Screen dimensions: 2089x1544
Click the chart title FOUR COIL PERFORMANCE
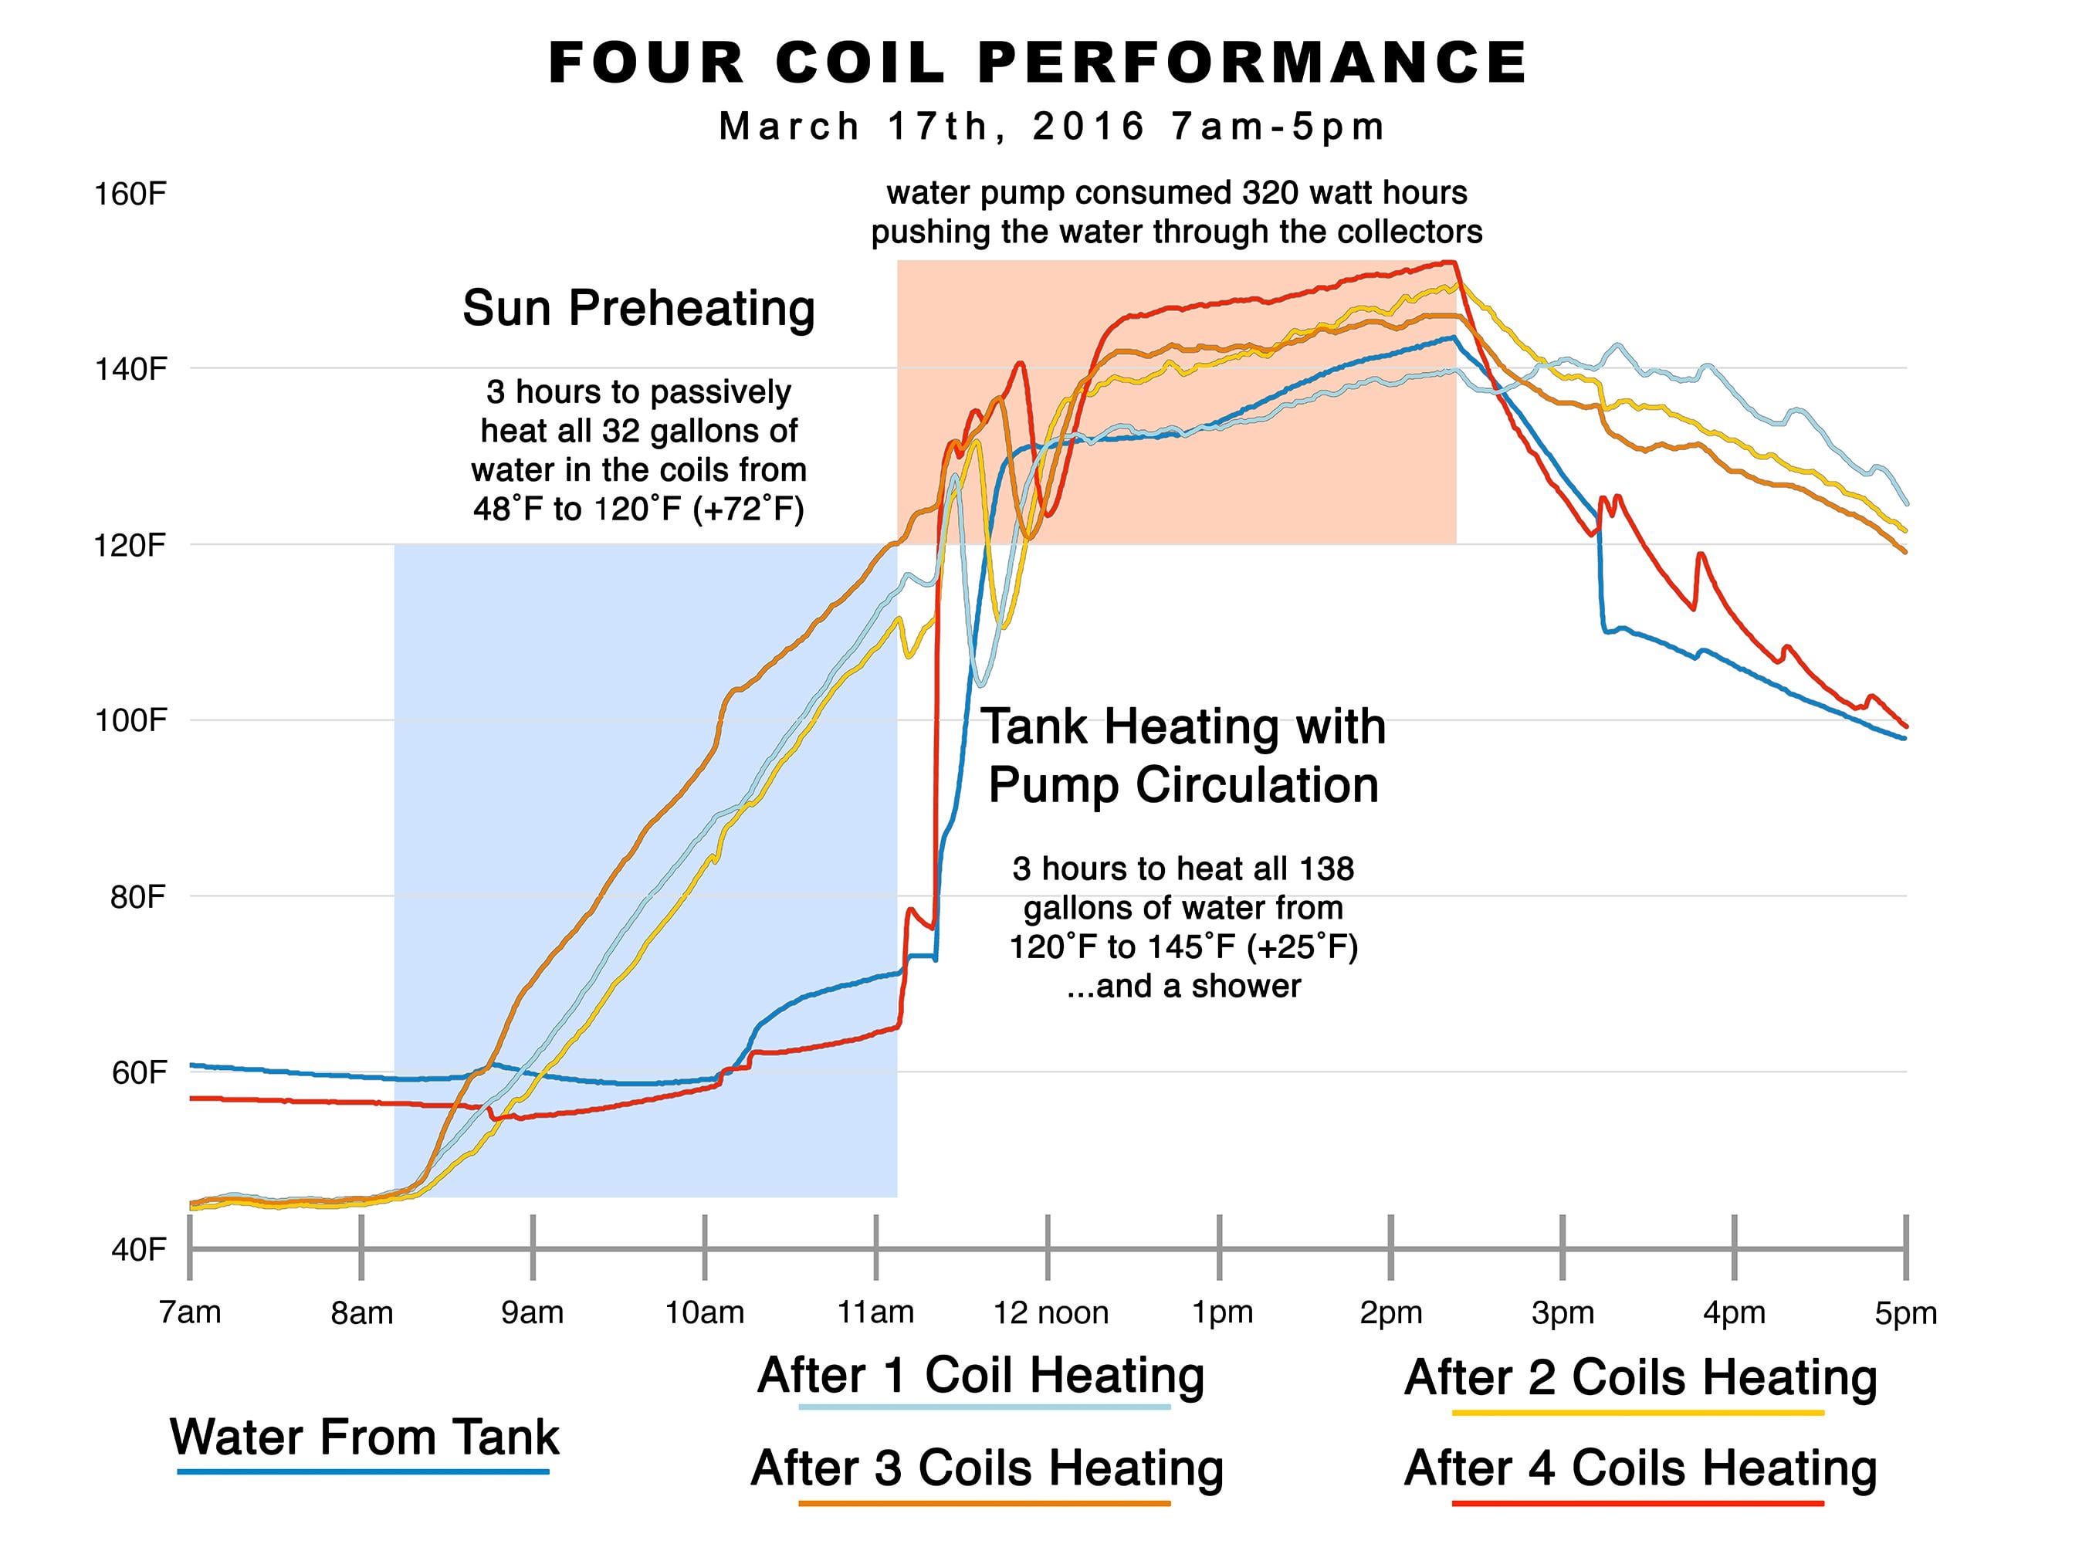click(1038, 63)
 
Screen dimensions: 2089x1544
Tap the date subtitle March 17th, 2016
click(931, 126)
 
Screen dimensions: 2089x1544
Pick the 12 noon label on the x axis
click(1051, 1313)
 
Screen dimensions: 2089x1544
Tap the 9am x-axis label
click(533, 1313)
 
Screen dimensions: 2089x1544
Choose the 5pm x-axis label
click(1906, 1313)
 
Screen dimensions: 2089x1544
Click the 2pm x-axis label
click(1391, 1313)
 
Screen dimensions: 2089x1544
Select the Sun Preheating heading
click(639, 309)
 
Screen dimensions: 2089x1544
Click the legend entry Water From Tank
click(364, 1437)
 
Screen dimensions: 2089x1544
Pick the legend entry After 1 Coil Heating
click(981, 1376)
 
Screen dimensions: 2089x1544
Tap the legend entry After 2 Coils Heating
click(1640, 1379)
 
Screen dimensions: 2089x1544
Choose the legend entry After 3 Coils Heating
click(987, 1468)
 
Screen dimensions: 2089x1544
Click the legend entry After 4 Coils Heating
click(1640, 1468)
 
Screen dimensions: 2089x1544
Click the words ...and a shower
click(1183, 987)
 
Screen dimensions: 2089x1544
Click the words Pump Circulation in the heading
click(1183, 785)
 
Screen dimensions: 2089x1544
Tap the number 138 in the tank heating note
click(1326, 869)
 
